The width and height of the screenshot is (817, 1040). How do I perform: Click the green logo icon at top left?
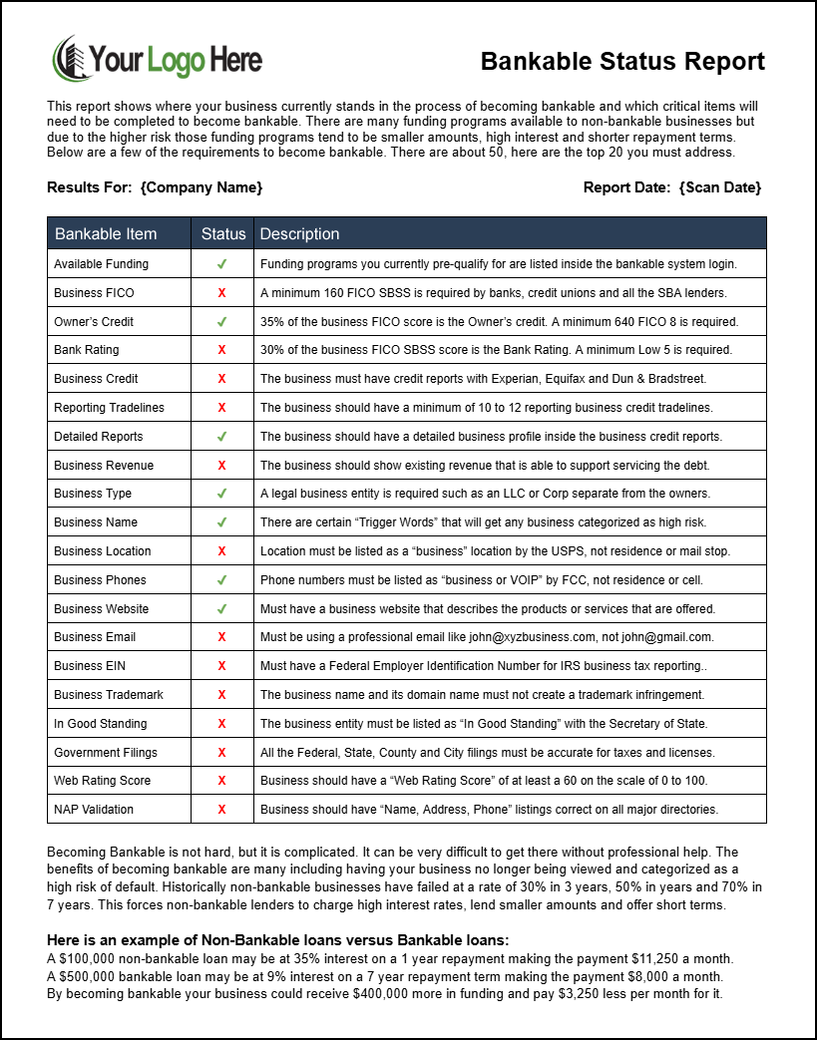[69, 60]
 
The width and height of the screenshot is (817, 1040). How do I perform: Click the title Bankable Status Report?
[622, 62]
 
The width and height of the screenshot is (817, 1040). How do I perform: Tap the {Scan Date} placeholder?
[719, 187]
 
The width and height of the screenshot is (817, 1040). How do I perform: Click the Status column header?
[222, 234]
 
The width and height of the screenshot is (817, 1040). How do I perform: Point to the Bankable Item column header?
[106, 234]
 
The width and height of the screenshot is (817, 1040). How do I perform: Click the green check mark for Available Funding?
[221, 264]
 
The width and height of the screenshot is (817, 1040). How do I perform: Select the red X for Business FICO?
[221, 293]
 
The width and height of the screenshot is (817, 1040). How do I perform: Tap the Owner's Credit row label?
[94, 322]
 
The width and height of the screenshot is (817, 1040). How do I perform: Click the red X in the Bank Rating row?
[221, 350]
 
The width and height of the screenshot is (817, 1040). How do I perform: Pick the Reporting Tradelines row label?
[109, 408]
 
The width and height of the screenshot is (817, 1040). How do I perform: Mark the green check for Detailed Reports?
[221, 437]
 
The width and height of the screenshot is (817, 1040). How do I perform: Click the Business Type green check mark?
[221, 494]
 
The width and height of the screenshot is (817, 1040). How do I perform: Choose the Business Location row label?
[103, 551]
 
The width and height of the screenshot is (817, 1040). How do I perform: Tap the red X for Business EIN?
[221, 666]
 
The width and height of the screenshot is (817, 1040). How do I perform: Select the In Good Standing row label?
[100, 724]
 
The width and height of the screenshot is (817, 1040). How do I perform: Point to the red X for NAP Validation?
[221, 810]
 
